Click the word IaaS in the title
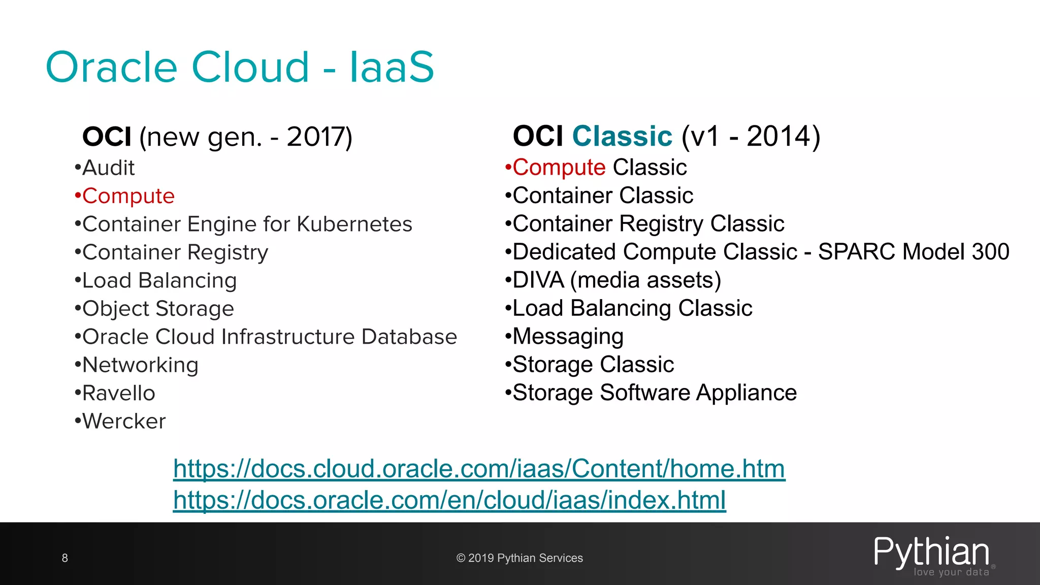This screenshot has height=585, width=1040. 392,68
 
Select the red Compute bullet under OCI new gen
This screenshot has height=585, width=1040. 128,196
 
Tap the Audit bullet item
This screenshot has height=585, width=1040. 108,168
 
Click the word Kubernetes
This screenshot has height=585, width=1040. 354,224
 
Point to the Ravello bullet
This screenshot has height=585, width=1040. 118,393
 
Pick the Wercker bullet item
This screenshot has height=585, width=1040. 123,421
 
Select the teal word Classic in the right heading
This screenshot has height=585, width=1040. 622,136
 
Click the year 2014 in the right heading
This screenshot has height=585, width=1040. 778,136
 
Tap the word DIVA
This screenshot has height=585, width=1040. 538,280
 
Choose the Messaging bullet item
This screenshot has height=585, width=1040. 568,337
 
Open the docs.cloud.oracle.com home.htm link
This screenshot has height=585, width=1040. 479,469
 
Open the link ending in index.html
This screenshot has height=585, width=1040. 449,500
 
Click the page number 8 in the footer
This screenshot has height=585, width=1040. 64,558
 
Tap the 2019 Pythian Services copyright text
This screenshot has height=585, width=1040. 519,558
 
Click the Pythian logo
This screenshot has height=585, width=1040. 932,555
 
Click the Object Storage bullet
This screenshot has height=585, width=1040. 158,309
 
